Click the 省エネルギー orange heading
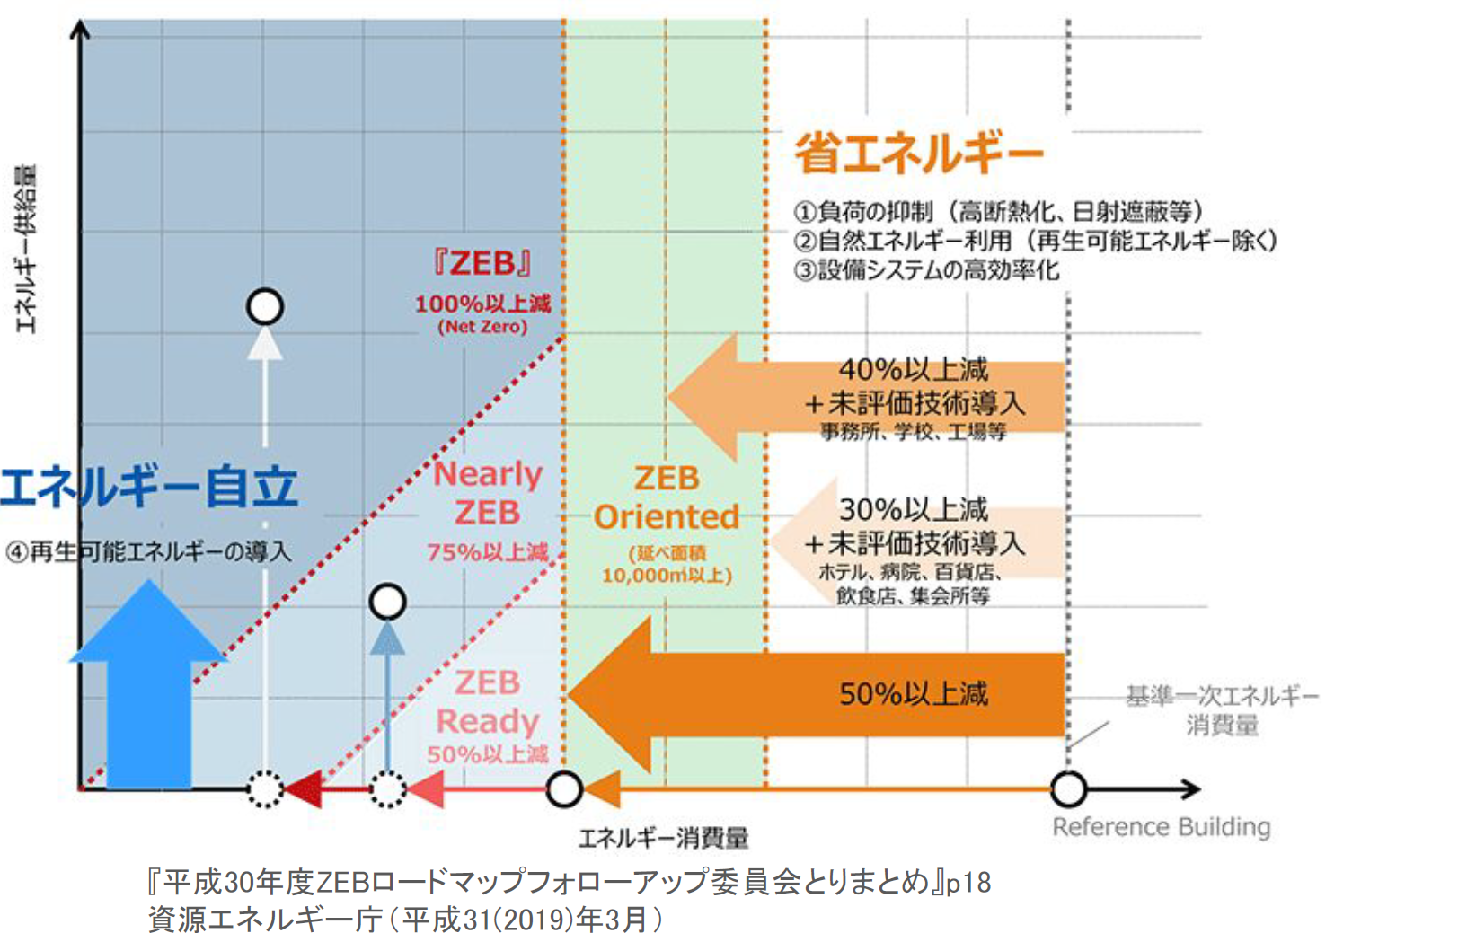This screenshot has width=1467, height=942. [918, 154]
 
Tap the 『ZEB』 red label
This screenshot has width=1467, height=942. [482, 263]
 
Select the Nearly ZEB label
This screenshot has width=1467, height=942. [488, 493]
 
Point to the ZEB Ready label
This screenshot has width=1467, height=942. [487, 702]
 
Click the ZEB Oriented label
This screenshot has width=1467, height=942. [667, 498]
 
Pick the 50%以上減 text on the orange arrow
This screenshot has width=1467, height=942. [913, 694]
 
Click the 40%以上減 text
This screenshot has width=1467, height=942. [913, 369]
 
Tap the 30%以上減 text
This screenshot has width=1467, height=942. [913, 509]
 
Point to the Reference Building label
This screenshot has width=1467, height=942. [1161, 826]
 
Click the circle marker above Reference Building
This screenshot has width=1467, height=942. [1068, 790]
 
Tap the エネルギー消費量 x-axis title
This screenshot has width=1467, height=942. [663, 838]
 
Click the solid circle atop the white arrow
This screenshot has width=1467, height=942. [265, 307]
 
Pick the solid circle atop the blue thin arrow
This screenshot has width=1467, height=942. [388, 602]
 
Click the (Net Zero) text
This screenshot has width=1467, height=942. [482, 327]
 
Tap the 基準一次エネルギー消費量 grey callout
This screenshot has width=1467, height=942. [1222, 710]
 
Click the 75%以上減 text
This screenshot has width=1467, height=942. [487, 552]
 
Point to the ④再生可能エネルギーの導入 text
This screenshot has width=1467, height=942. [149, 551]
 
